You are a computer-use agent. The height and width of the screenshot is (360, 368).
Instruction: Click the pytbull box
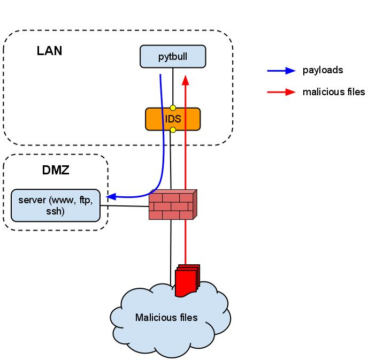point(173,57)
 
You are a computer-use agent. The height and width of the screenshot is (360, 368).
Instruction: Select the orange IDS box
point(173,119)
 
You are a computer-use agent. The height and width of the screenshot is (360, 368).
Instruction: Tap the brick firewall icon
point(171,205)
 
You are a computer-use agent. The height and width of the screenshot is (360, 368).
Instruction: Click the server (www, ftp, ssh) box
point(56,205)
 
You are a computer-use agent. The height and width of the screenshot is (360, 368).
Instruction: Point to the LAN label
point(49,51)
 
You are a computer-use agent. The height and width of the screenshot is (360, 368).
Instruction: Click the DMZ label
point(56,171)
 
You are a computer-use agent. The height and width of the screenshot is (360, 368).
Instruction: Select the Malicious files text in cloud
point(166,317)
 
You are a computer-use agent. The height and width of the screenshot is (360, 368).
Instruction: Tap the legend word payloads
point(323,70)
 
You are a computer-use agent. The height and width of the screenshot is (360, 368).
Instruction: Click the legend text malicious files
point(333,92)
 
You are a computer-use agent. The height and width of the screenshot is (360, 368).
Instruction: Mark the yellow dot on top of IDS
point(173,108)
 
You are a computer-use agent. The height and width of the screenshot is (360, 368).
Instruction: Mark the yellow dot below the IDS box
point(173,130)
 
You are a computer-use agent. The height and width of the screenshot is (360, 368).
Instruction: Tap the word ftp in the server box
point(86,201)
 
